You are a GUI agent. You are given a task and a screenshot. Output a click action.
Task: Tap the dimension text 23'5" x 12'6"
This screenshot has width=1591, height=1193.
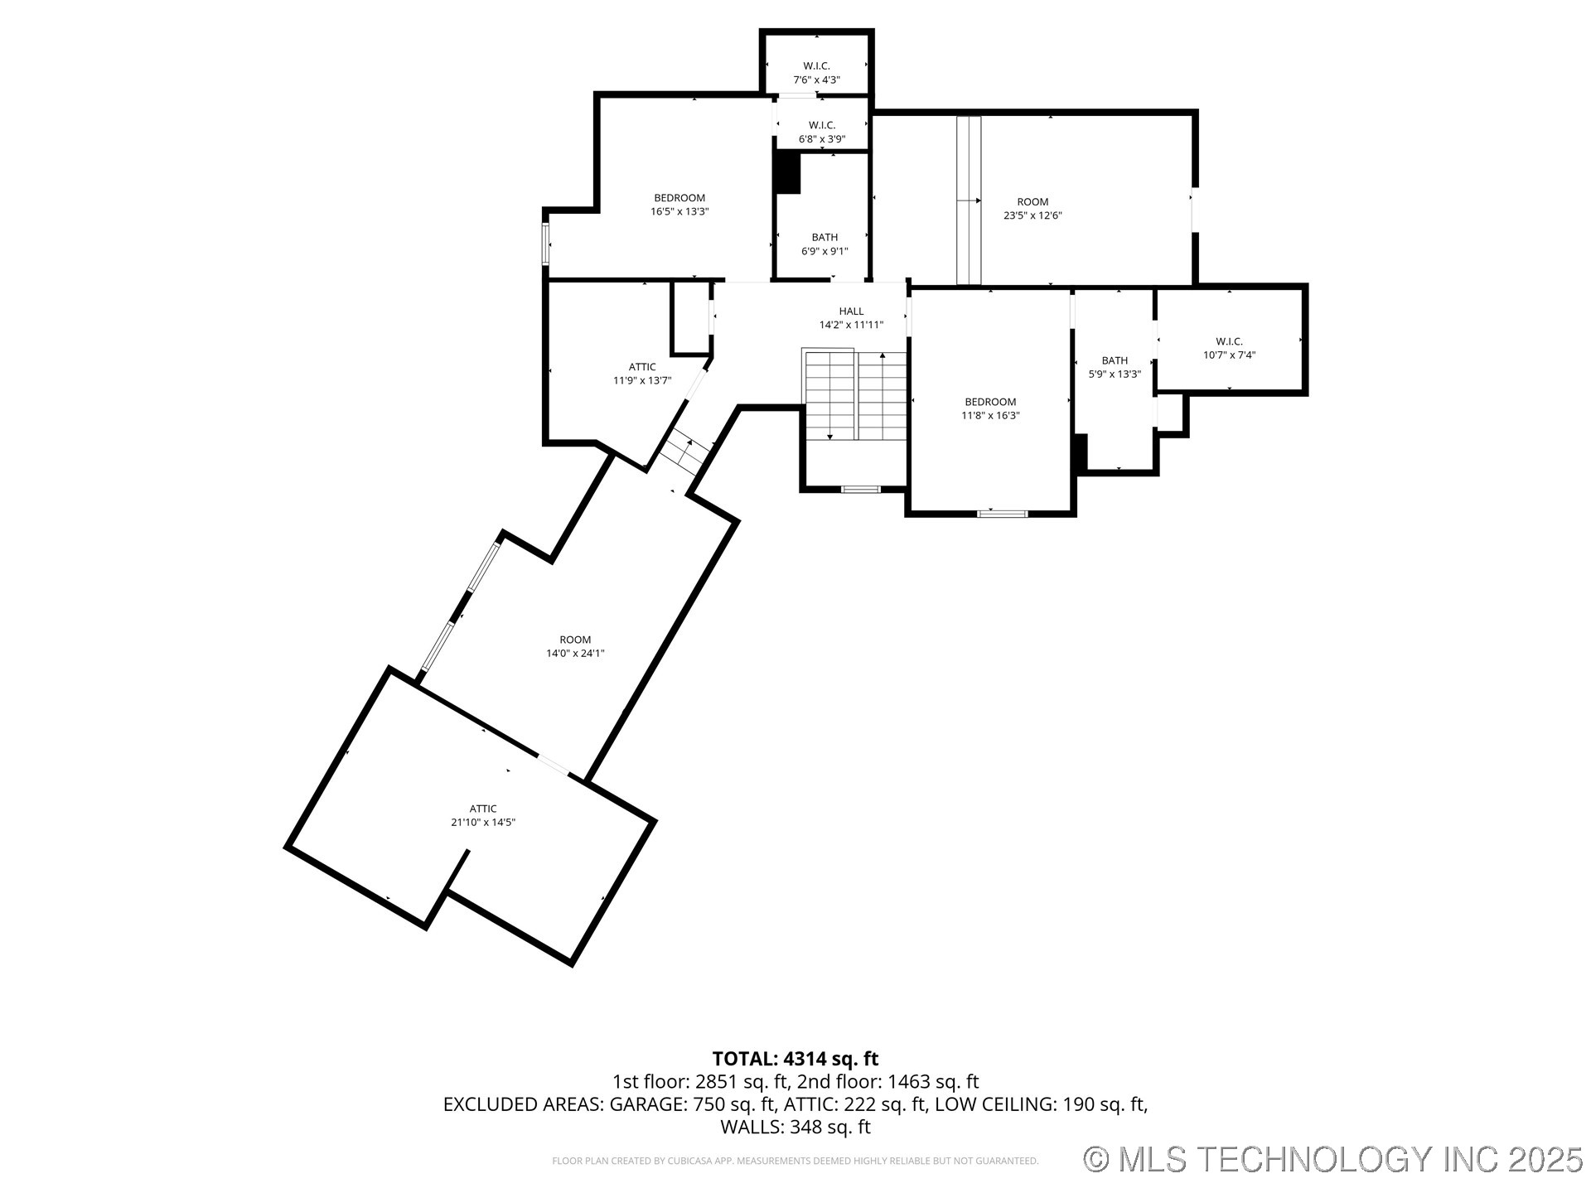pos(1032,215)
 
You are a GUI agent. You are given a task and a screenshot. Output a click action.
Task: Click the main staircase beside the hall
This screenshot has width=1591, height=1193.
pos(855,395)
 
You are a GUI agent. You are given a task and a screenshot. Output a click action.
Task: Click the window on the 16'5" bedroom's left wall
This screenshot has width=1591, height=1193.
pos(546,244)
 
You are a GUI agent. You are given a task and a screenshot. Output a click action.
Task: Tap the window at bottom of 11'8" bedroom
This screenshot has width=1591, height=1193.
pos(1003,514)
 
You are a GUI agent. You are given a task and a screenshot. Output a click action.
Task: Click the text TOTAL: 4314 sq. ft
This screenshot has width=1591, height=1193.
pos(795,1059)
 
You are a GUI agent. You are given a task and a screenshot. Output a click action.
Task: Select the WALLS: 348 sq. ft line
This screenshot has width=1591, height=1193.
pos(795,1127)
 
